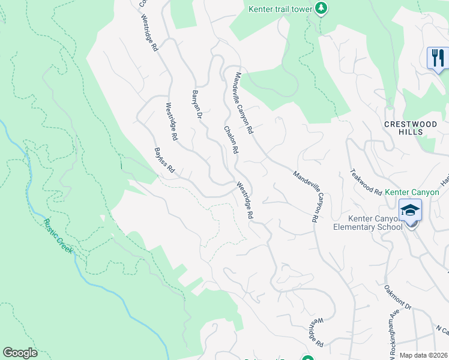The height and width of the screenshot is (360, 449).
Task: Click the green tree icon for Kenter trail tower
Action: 322,8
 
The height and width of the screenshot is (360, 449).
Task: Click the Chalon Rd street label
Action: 232,139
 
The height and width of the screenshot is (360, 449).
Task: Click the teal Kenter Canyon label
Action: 412,192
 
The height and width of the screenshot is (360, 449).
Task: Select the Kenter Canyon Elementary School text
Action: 367,223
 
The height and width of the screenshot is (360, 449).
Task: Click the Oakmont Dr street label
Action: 397,298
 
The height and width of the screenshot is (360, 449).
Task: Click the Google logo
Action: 20,353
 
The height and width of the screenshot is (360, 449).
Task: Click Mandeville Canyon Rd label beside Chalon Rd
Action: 244,103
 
